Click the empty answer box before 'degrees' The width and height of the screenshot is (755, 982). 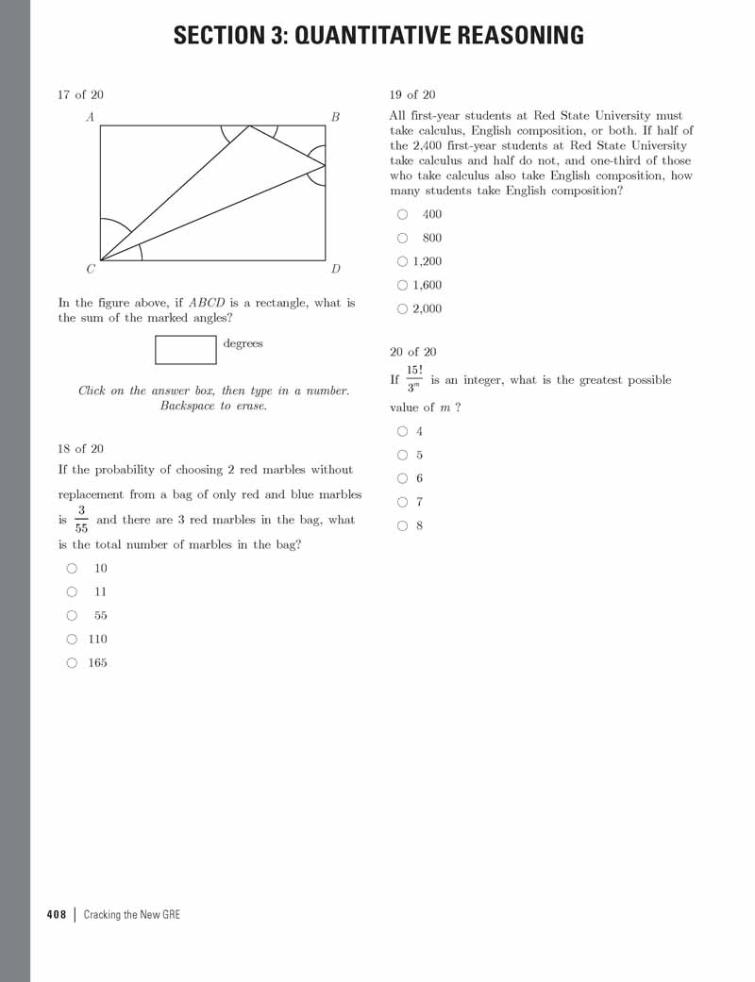pyautogui.click(x=186, y=349)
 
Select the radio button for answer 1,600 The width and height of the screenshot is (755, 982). pyautogui.click(x=403, y=285)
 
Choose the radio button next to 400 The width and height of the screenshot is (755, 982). pyautogui.click(x=403, y=214)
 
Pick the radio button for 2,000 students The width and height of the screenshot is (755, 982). pyautogui.click(x=403, y=308)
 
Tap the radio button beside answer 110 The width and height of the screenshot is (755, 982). pyautogui.click(x=72, y=639)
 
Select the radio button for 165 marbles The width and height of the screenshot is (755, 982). pyautogui.click(x=72, y=662)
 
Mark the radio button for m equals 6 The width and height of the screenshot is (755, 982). pyautogui.click(x=403, y=478)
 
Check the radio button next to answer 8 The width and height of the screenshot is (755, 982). pyautogui.click(x=403, y=525)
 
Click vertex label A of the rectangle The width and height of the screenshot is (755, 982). pyautogui.click(x=90, y=117)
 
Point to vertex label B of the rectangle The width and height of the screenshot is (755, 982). pyautogui.click(x=335, y=117)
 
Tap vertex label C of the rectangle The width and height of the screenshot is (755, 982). pyautogui.click(x=91, y=269)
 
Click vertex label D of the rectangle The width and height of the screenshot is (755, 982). pyautogui.click(x=335, y=269)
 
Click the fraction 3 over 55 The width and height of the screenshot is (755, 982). pyautogui.click(x=81, y=519)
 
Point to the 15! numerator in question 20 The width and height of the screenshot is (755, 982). pyautogui.click(x=414, y=369)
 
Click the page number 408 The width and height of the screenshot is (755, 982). pyautogui.click(x=57, y=914)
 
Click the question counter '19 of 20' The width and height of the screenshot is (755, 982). pyautogui.click(x=412, y=94)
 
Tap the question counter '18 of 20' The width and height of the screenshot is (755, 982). pyautogui.click(x=80, y=449)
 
